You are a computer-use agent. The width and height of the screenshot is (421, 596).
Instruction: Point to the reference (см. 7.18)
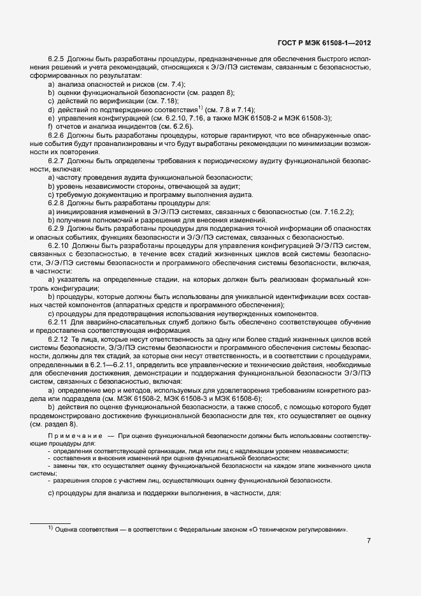click(162, 101)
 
